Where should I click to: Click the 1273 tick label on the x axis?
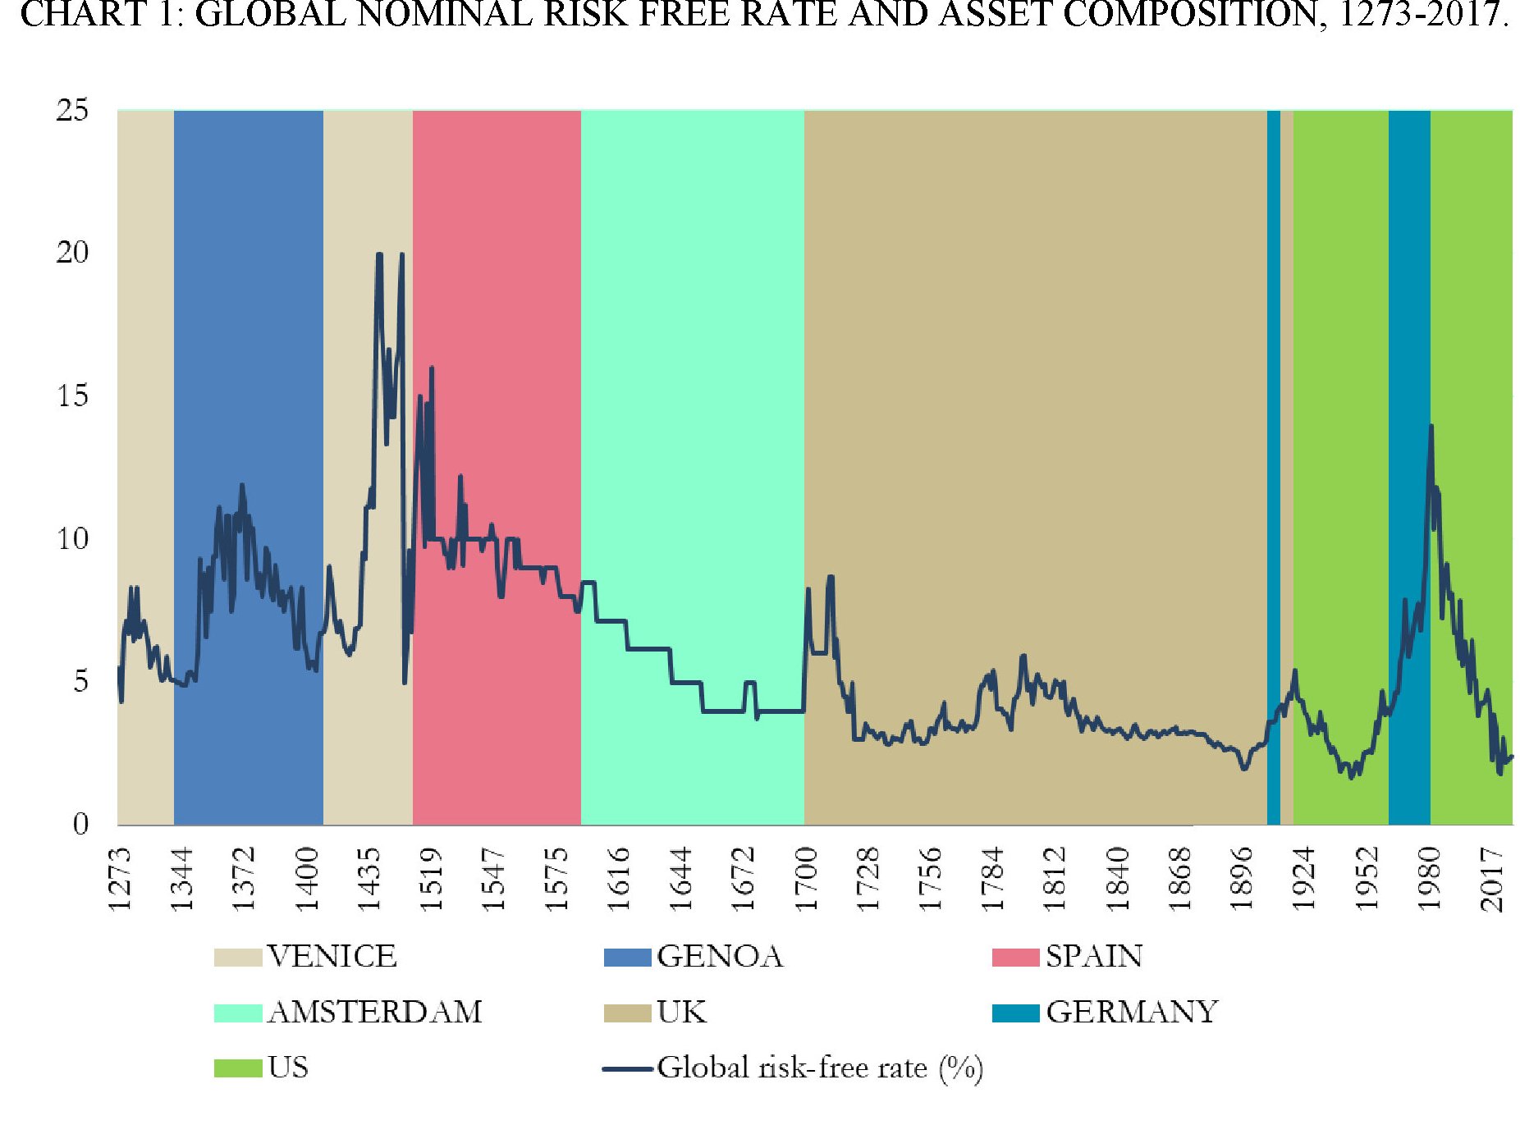[120, 879]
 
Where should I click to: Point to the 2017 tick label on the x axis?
[1492, 879]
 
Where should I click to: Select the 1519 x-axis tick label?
[432, 879]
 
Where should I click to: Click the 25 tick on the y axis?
[72, 110]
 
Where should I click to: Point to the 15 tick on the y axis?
[72, 396]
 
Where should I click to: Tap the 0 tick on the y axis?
[80, 823]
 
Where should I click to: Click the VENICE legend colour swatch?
[237, 957]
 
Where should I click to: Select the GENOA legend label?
[720, 957]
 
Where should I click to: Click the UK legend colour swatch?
[627, 1013]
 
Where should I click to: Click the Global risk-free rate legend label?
[819, 1068]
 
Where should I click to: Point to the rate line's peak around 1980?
[1431, 426]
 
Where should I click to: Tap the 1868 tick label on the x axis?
[1180, 879]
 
